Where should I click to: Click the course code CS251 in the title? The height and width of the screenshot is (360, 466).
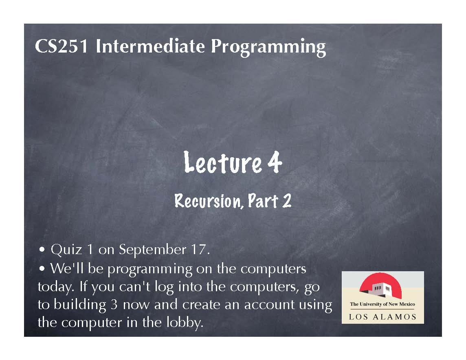pyautogui.click(x=61, y=46)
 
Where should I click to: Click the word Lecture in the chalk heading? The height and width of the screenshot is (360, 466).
pyautogui.click(x=222, y=162)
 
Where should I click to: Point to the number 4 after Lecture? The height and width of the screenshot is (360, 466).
pyautogui.click(x=275, y=162)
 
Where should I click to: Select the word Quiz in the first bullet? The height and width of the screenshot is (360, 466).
pyautogui.click(x=66, y=250)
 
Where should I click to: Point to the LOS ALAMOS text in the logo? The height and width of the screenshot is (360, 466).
pyautogui.click(x=382, y=317)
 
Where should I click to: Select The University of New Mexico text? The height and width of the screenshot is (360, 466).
pyautogui.click(x=382, y=304)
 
